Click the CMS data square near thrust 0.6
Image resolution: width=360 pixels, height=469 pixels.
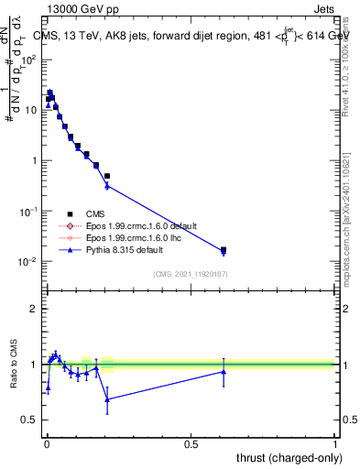click(x=224, y=249)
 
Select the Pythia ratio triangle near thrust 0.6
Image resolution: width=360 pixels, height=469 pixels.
click(x=224, y=371)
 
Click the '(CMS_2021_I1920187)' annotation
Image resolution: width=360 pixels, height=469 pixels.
click(x=190, y=274)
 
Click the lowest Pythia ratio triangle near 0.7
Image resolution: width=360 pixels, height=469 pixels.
click(x=108, y=399)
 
